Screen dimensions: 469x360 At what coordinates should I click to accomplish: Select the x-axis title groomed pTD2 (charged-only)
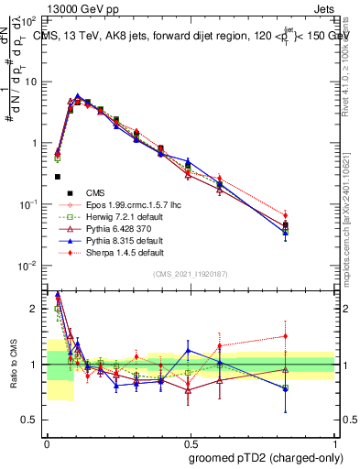pos(265,458)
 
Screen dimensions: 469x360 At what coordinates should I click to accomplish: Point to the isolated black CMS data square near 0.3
pos(57,177)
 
